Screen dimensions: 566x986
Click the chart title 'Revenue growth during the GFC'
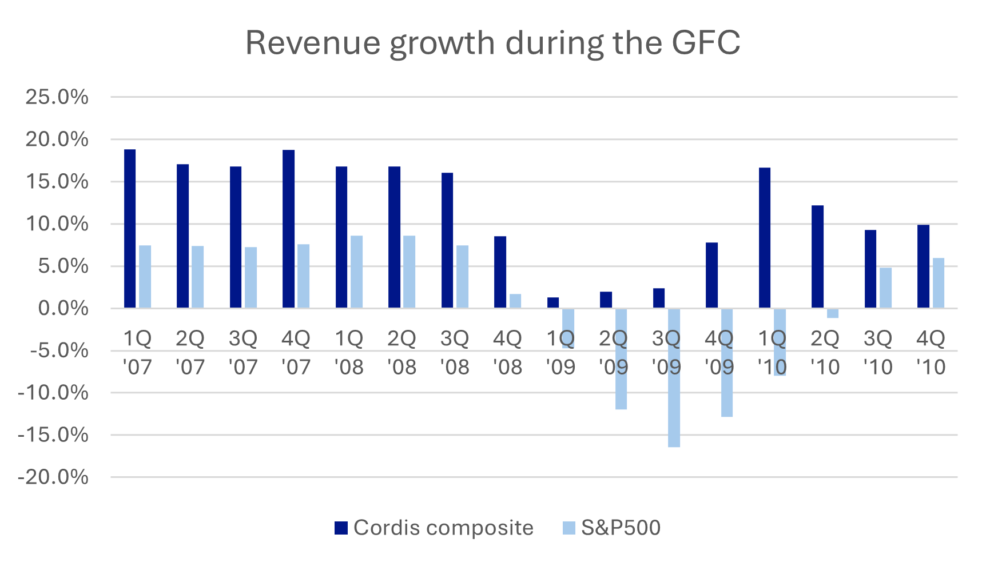click(492, 42)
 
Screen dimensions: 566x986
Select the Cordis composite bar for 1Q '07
click(130, 229)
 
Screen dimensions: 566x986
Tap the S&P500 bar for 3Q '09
click(674, 377)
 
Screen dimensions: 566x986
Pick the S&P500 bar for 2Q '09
click(621, 359)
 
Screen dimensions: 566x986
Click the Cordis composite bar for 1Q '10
click(764, 238)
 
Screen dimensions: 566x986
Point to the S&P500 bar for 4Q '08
click(515, 301)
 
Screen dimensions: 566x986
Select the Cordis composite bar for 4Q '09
click(711, 276)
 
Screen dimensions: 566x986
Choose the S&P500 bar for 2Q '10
click(833, 313)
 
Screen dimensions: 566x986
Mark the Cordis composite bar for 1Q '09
click(553, 303)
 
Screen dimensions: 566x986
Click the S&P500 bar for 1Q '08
click(356, 272)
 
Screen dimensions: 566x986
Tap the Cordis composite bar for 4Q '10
click(923, 266)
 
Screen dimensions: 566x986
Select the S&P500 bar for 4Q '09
click(727, 362)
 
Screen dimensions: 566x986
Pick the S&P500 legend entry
click(612, 528)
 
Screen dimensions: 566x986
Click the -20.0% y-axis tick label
click(53, 477)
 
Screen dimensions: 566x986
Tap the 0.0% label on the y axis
click(63, 309)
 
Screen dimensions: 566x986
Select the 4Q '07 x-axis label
click(296, 352)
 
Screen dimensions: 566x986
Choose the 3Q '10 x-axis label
click(878, 352)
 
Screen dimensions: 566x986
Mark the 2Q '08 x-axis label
click(401, 352)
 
